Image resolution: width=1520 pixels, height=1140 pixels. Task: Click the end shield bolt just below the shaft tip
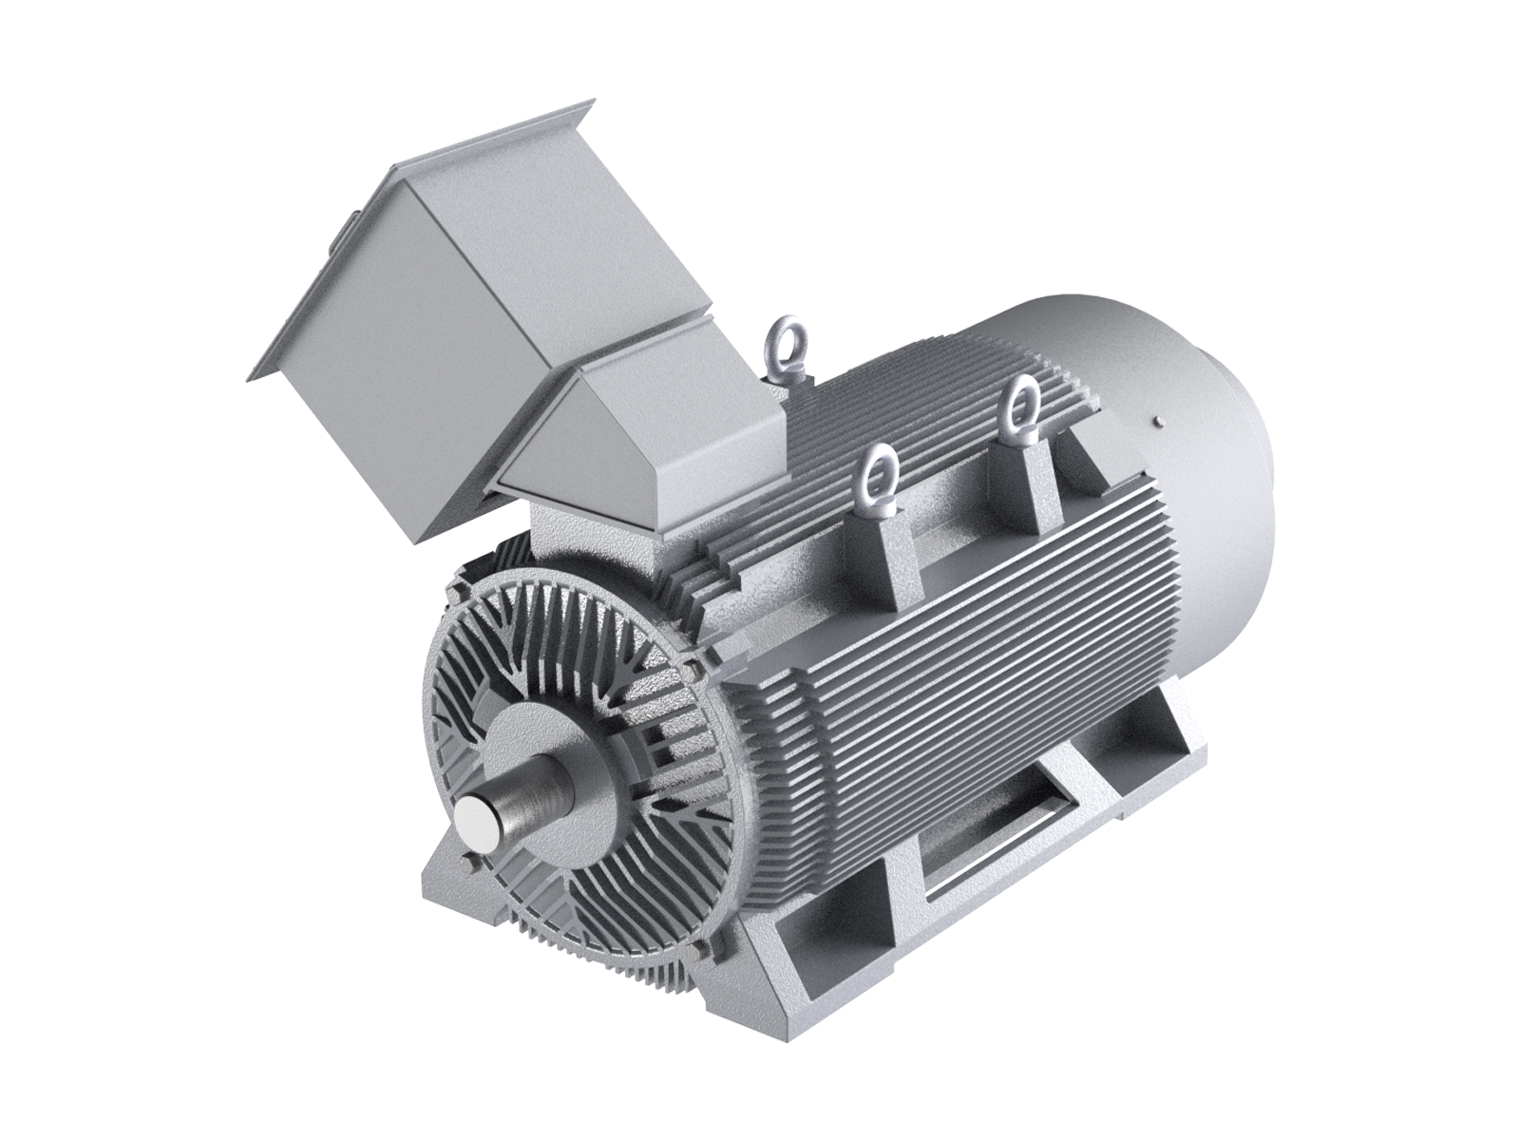tap(468, 861)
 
